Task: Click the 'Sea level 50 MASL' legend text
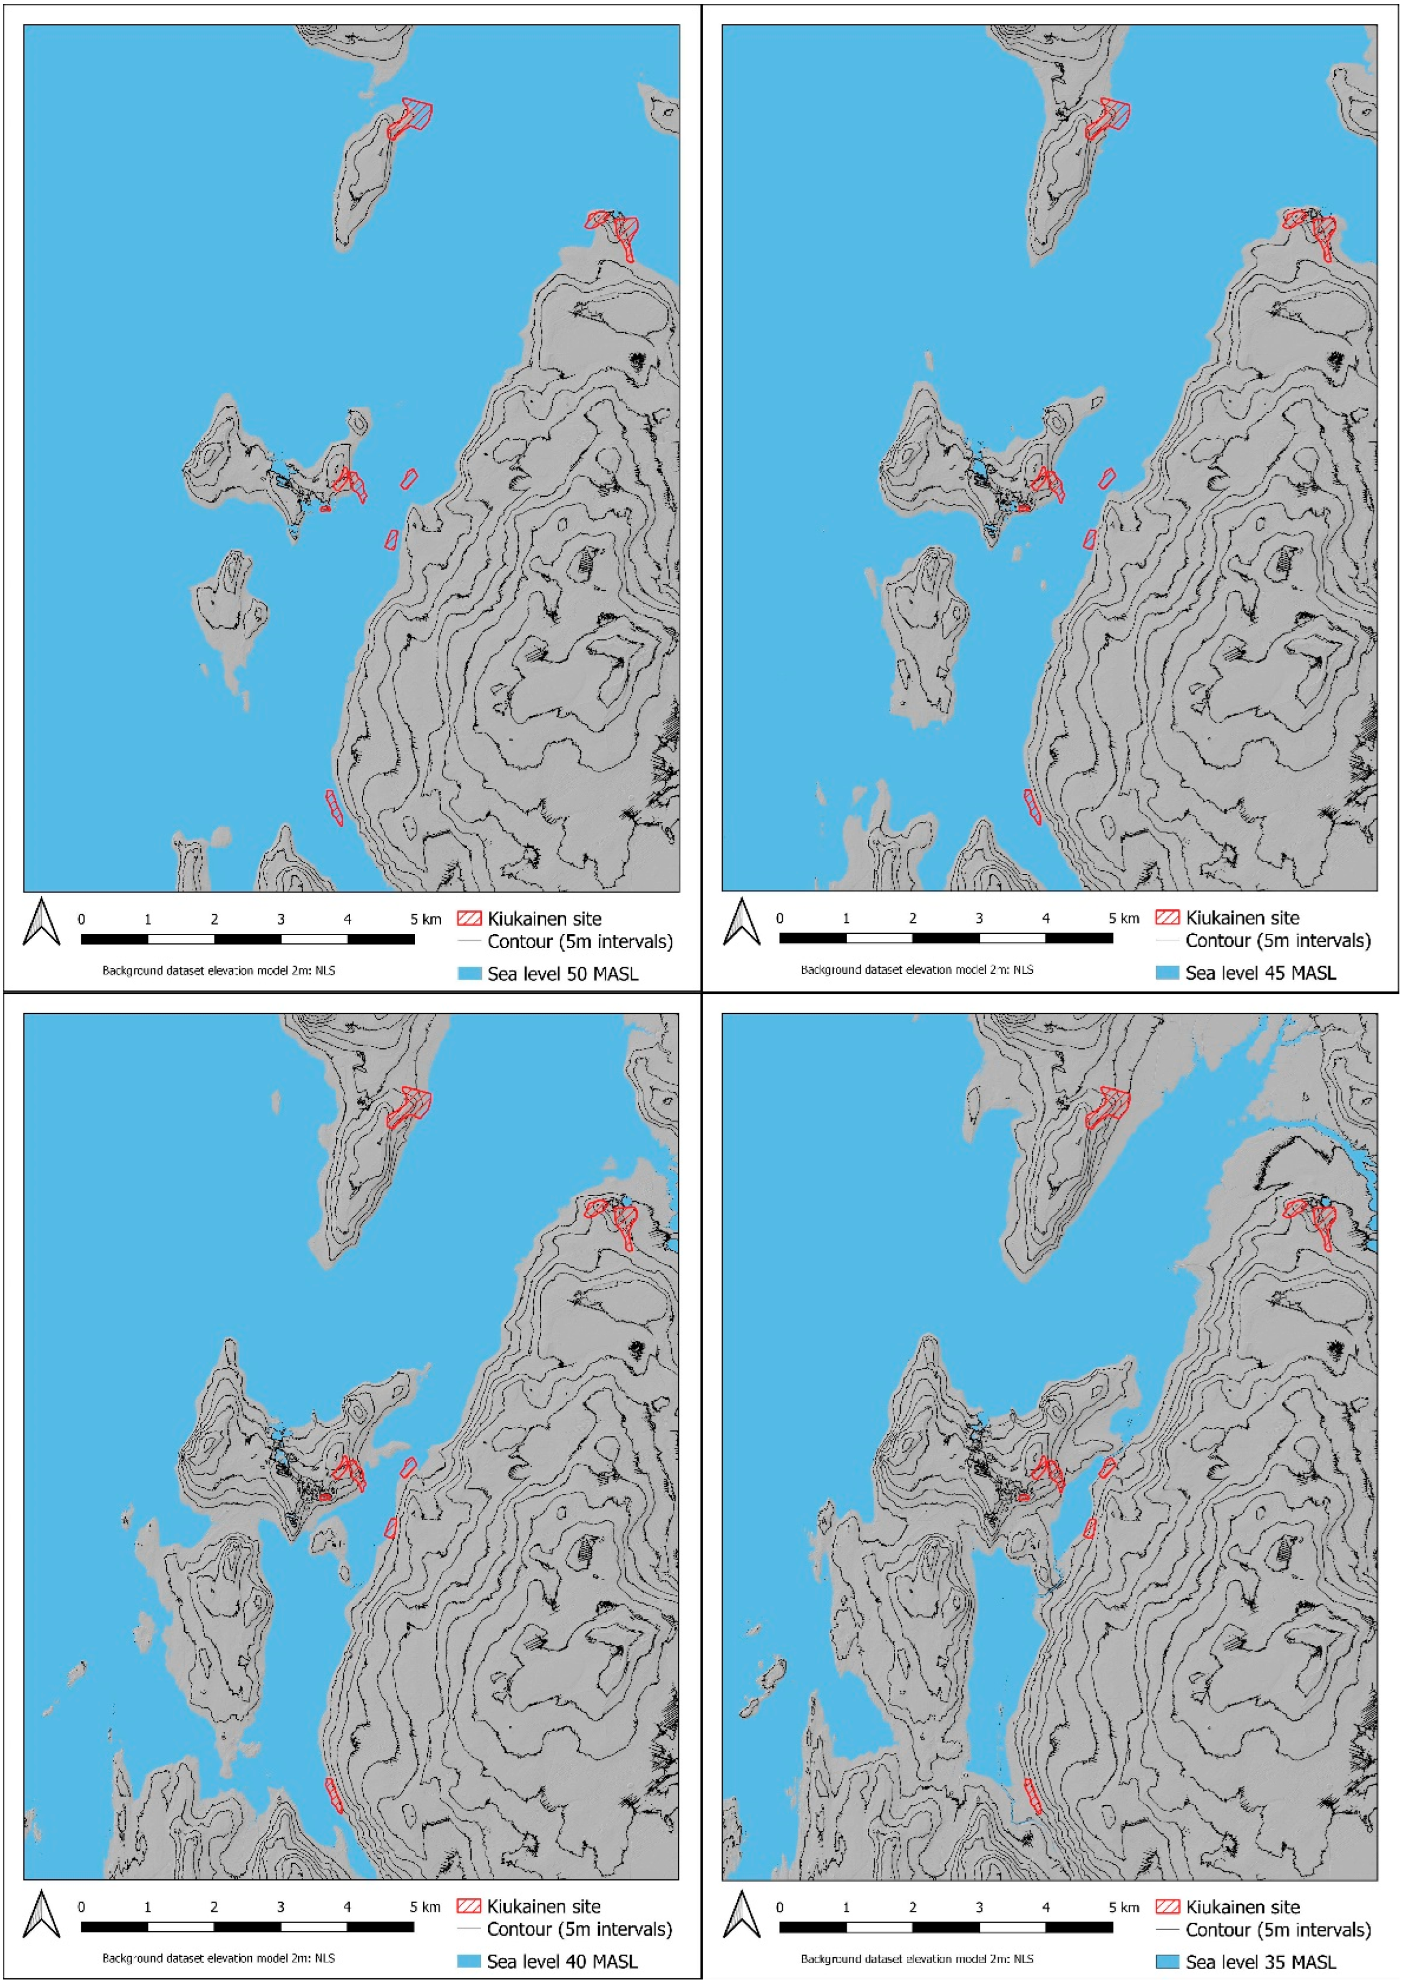[x=562, y=974]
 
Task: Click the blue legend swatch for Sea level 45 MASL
[x=1167, y=973]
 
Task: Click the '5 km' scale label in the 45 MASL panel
[x=1124, y=918]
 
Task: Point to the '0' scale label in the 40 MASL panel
[x=81, y=1907]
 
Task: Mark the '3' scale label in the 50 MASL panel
[x=281, y=919]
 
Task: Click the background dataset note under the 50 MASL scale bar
[x=219, y=970]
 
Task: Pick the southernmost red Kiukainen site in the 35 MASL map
[x=1032, y=1796]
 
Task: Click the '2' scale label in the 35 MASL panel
[x=912, y=1907]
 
